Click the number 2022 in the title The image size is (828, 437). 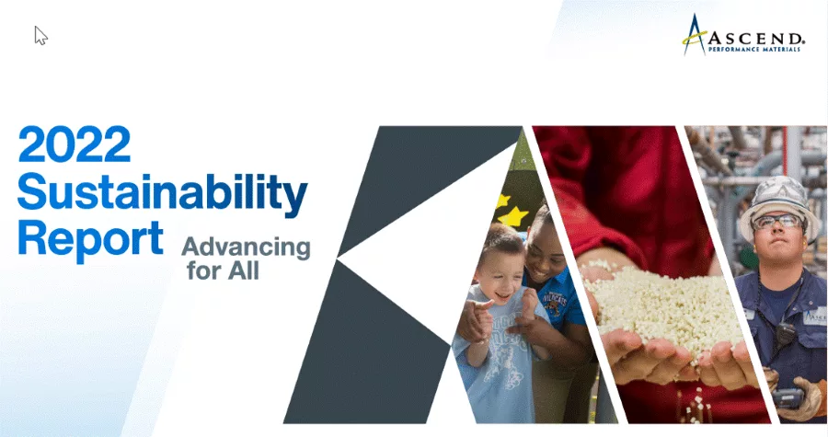75,145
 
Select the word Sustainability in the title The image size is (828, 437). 161,193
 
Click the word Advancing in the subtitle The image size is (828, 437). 246,247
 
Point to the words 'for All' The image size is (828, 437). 224,271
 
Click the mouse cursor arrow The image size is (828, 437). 40,35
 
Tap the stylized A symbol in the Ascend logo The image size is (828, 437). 694,35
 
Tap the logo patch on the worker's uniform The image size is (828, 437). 814,316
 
